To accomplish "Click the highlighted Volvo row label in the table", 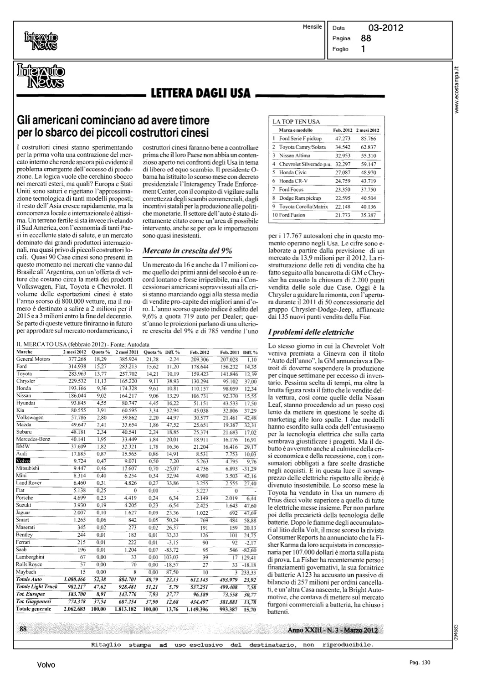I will click(x=23, y=461).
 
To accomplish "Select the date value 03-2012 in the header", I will click(x=386, y=28).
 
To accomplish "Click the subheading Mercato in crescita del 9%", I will click(x=187, y=251).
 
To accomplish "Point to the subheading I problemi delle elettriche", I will click(x=311, y=332).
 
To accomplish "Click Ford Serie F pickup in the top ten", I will click(x=300, y=138).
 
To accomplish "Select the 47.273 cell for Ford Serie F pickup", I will click(x=342, y=138).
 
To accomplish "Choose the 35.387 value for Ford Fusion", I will click(x=368, y=215).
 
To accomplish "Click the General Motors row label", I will click(x=33, y=359).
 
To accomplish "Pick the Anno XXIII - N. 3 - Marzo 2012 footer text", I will click(x=335, y=630).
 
